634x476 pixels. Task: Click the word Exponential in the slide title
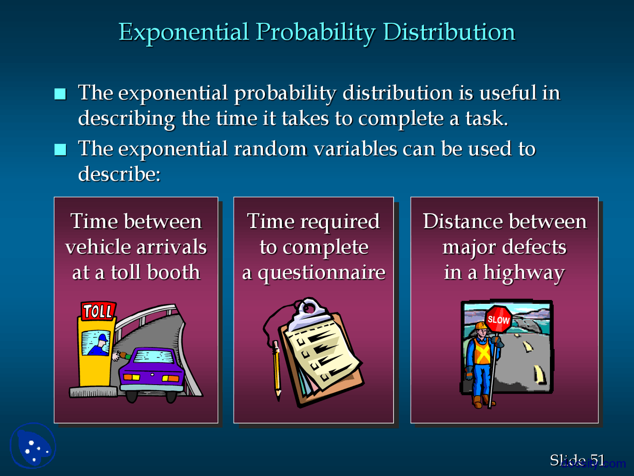click(x=183, y=32)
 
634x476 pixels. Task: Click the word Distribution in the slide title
click(x=449, y=32)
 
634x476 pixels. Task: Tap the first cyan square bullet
click(x=60, y=94)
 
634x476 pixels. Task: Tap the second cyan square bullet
click(x=60, y=149)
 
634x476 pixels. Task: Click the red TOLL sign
click(x=98, y=311)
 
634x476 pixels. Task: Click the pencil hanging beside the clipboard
click(x=276, y=369)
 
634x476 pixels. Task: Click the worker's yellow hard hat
click(x=481, y=326)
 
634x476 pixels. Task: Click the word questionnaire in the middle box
click(x=321, y=273)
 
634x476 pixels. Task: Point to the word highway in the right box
click(x=524, y=273)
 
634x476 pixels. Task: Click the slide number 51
click(x=597, y=460)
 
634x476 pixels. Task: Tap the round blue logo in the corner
click(x=33, y=446)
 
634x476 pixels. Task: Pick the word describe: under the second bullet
click(x=119, y=174)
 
